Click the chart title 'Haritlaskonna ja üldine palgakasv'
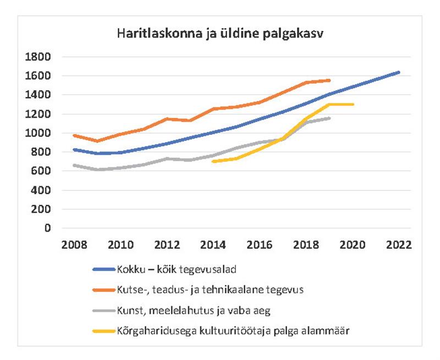click(x=219, y=34)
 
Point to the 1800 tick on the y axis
click(x=38, y=57)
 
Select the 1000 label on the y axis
click(x=38, y=133)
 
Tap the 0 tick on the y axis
click(x=47, y=228)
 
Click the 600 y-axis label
click(x=41, y=171)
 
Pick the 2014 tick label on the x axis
click(x=213, y=246)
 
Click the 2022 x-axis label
click(x=398, y=246)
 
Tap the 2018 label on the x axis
click(x=306, y=246)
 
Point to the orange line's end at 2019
click(x=329, y=80)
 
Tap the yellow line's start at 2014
click(x=213, y=161)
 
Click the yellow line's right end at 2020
click(x=353, y=104)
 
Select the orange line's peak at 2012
click(x=167, y=118)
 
